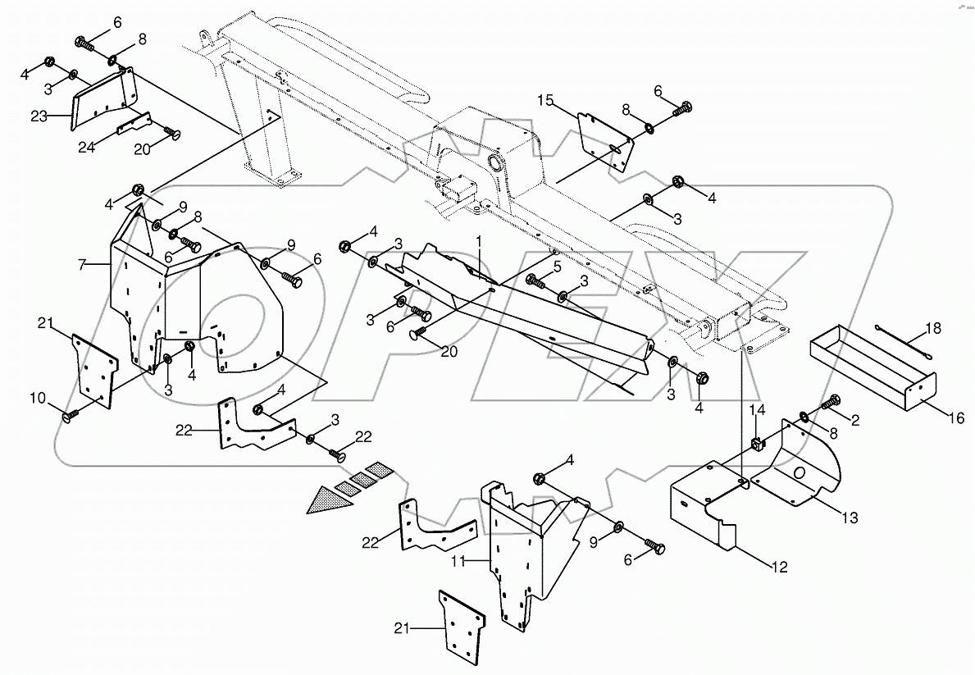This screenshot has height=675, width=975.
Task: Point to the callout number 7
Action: pyautogui.click(x=81, y=264)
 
